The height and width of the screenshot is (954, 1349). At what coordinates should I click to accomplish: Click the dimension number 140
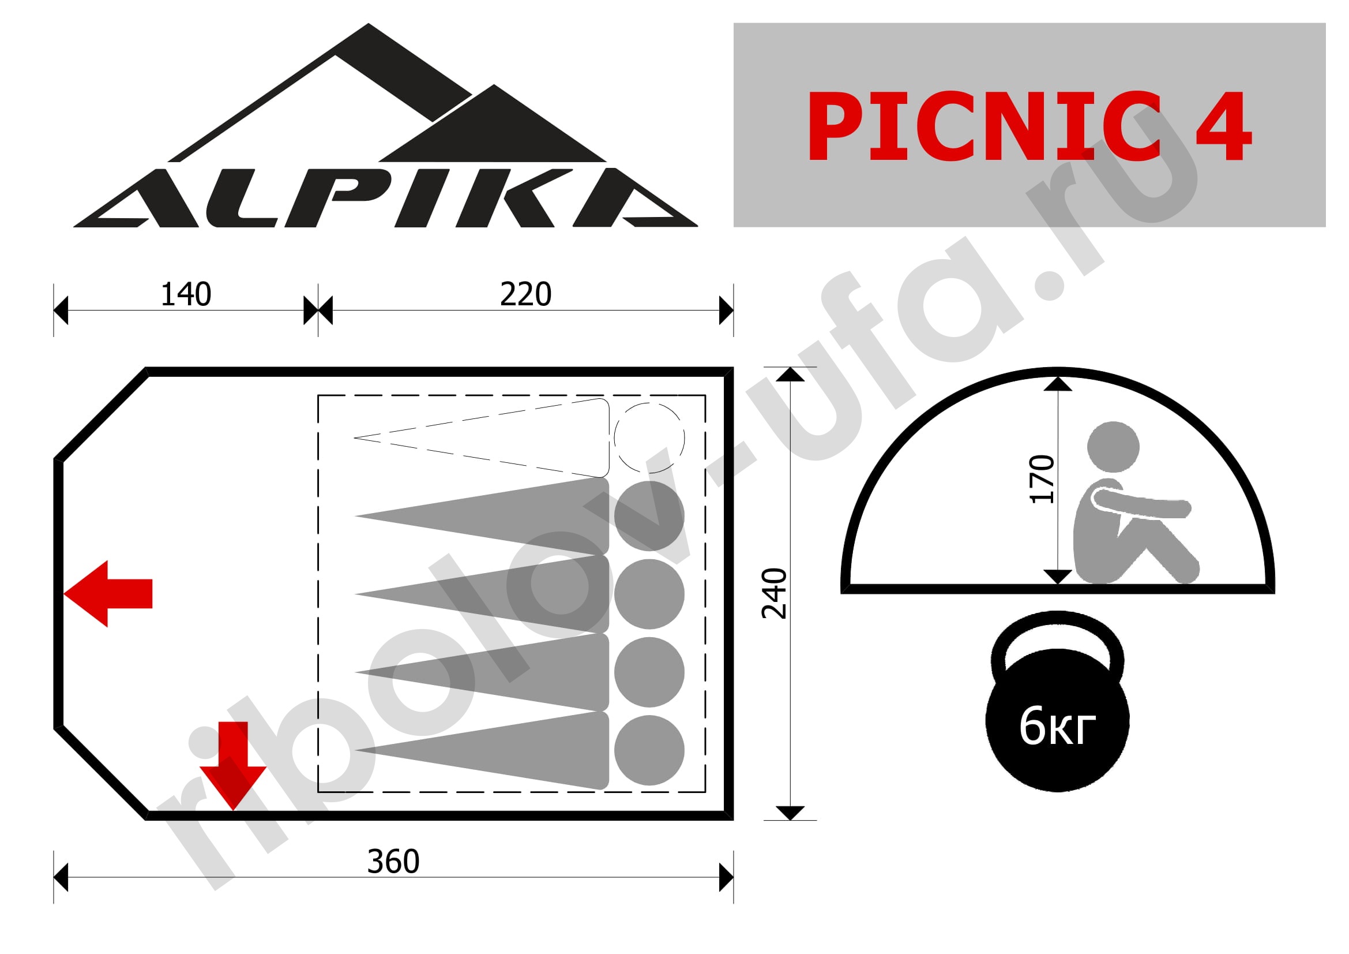[x=186, y=294]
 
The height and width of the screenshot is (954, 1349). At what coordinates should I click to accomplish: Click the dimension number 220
[x=526, y=294]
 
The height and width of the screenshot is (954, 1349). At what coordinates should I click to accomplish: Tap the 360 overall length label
[x=394, y=862]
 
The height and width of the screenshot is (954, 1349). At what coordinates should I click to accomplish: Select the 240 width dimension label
[x=774, y=594]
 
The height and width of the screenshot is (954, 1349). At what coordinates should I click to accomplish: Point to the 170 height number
[x=1042, y=479]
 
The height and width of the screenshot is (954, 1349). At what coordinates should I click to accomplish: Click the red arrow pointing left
[x=108, y=594]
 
